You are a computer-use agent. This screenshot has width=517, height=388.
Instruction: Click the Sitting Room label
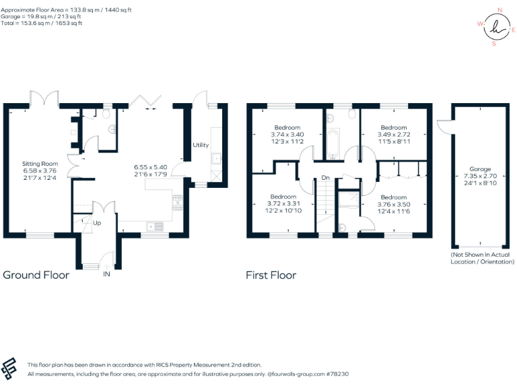[x=41, y=164]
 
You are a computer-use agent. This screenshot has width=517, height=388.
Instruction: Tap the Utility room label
[x=201, y=145]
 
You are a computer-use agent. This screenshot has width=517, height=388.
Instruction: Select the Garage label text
[x=479, y=169]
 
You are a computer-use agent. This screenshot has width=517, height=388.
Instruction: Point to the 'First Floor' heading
[x=271, y=275]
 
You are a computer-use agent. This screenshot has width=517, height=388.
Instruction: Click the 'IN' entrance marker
[x=106, y=275]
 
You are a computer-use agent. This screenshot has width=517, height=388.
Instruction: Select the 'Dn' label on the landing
[x=324, y=178]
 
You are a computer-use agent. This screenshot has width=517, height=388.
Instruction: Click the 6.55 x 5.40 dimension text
[x=150, y=166]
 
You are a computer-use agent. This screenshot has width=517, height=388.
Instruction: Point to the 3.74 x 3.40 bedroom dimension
[x=287, y=134]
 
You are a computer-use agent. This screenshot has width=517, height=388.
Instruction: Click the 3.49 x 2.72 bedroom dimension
[x=394, y=134]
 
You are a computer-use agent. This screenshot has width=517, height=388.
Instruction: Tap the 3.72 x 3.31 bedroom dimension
[x=283, y=203]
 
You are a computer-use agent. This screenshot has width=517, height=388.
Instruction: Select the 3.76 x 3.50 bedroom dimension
[x=393, y=203]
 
